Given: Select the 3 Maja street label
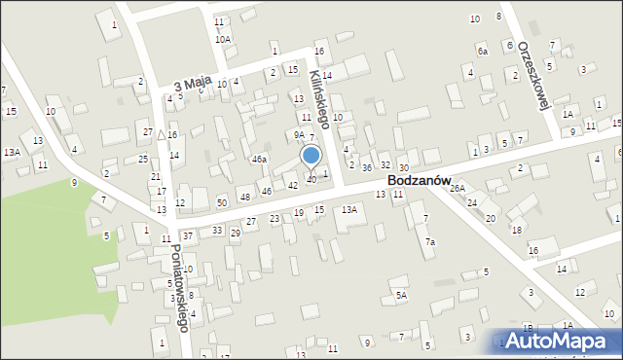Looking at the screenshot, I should coord(192,87).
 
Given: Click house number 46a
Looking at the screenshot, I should coord(259,159).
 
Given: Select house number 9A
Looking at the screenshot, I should coord(300,135).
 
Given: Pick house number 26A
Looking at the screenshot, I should coord(457,188).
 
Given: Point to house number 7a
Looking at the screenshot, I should coord(429,241).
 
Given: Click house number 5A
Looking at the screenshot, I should coord(400,294).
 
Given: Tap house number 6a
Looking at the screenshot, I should coord(482,50).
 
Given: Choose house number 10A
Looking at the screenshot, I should coord(223,39).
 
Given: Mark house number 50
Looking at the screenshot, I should coord(222,202).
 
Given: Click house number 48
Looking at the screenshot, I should coord(245,198).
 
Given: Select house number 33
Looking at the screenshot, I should coord(218,230).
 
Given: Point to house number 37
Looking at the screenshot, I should coord(187,236).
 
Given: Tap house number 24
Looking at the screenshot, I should coord(472,202).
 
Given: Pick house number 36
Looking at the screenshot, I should coord(367,168).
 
